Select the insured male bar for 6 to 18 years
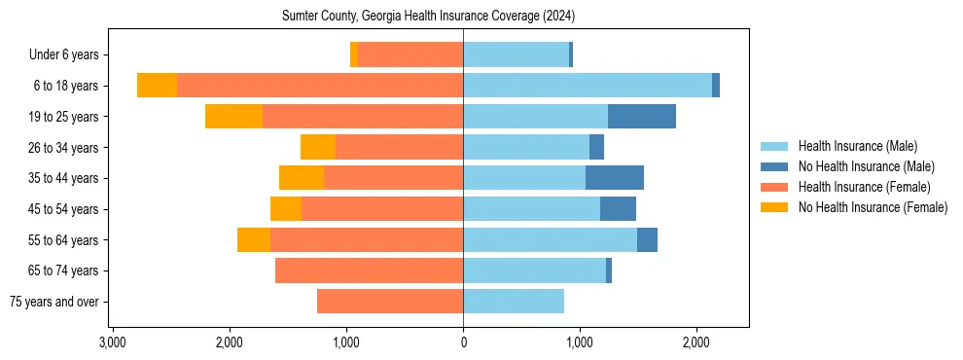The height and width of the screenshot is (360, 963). pyautogui.click(x=588, y=86)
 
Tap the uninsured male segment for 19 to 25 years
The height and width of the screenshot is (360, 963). pyautogui.click(x=642, y=117)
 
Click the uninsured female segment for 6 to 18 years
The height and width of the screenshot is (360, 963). pyautogui.click(x=157, y=86)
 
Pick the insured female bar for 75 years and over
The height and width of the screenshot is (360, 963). pyautogui.click(x=390, y=302)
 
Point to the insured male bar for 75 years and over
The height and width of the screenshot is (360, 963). pyautogui.click(x=514, y=302)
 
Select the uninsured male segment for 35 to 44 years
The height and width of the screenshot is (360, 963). pyautogui.click(x=615, y=178)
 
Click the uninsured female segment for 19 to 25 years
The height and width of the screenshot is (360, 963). pyautogui.click(x=233, y=117)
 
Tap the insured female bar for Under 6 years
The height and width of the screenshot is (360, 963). pyautogui.click(x=410, y=55)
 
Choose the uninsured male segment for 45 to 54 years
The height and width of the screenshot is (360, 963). pyautogui.click(x=618, y=209)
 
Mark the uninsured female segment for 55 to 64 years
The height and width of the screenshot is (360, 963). pyautogui.click(x=254, y=240)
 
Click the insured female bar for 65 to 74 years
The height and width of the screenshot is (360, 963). pyautogui.click(x=369, y=270)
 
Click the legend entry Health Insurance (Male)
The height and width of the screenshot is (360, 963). pyautogui.click(x=857, y=146)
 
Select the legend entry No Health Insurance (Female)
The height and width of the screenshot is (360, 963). pyautogui.click(x=873, y=207)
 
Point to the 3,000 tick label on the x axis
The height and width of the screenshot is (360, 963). pyautogui.click(x=113, y=342)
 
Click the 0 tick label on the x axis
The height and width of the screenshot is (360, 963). pyautogui.click(x=463, y=342)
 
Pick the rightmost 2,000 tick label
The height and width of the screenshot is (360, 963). pyautogui.click(x=696, y=342)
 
